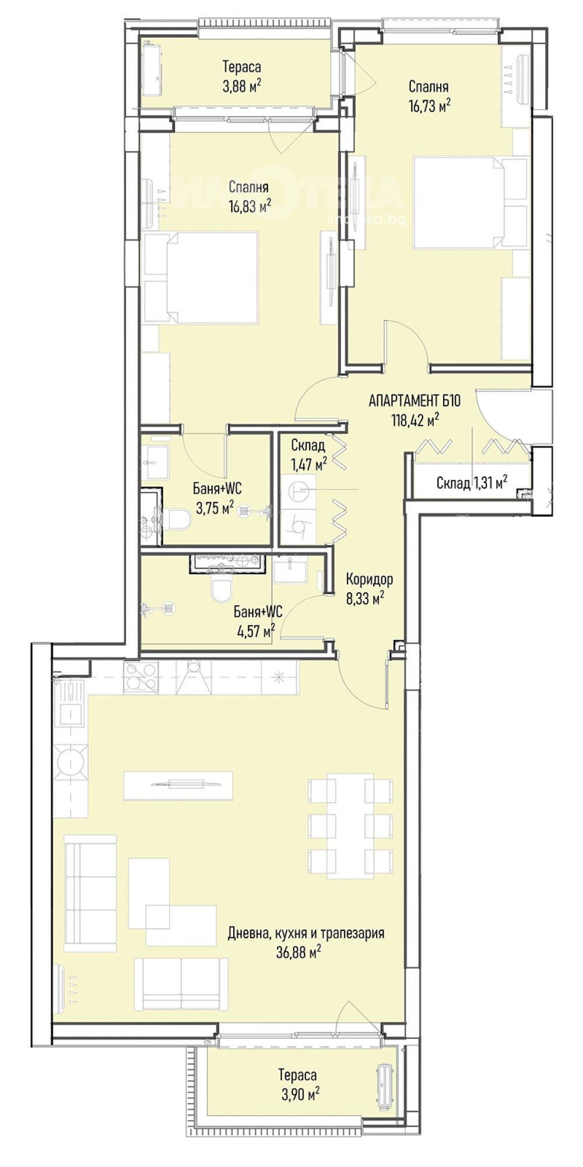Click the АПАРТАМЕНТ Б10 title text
[415, 401]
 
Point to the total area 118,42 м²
[415, 420]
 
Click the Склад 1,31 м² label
[471, 482]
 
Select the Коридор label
[369, 579]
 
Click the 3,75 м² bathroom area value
[215, 508]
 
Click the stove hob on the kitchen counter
[141, 678]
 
